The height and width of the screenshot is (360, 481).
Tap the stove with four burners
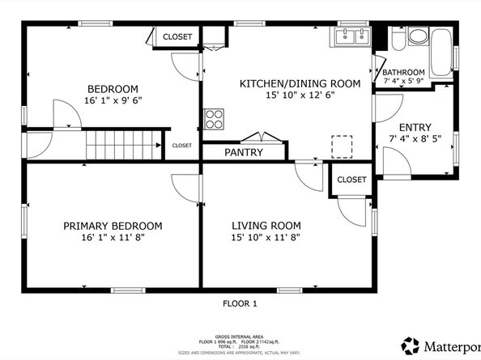pos(214,119)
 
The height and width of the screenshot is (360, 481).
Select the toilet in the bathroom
pos(418,36)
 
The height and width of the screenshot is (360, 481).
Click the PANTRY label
pos(243,151)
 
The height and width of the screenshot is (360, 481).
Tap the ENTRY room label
pos(414,127)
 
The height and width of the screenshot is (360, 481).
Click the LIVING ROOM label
pos(266,226)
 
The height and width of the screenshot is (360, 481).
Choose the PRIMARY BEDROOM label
pos(113,226)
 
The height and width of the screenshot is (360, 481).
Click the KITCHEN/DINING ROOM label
pos(287,83)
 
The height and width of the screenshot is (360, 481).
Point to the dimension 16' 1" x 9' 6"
pos(113,101)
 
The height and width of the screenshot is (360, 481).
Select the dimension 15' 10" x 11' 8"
pos(266,238)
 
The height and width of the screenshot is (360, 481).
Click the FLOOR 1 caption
pos(240,303)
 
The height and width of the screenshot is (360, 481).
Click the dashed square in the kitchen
pos(343,146)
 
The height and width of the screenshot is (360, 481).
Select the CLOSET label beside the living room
pos(351,179)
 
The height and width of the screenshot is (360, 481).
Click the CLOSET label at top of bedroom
pos(177,36)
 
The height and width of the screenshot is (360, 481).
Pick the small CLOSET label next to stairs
pos(181,145)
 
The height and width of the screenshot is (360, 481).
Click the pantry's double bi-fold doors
pos(265,137)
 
